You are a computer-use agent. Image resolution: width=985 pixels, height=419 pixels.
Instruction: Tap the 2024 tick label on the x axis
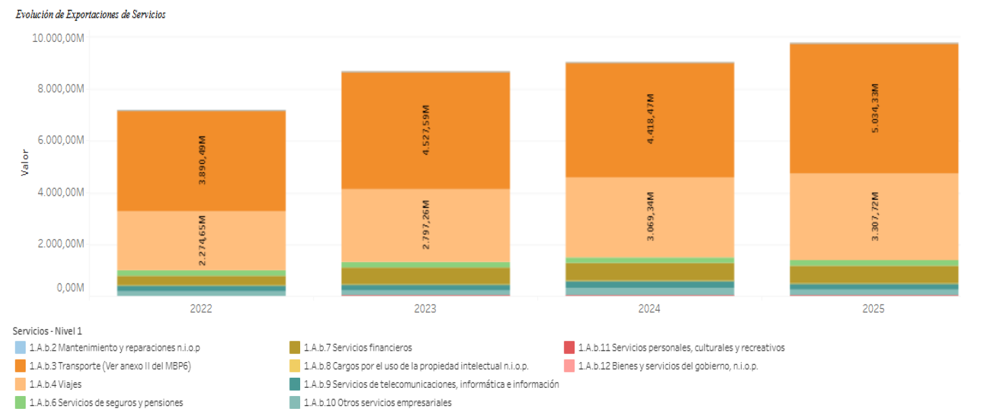point(649,309)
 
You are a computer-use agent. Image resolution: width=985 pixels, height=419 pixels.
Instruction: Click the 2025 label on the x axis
point(873,309)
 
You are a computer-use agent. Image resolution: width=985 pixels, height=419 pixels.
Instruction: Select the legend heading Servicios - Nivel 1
point(47,331)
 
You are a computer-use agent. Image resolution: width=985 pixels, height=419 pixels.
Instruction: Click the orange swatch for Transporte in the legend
point(21,366)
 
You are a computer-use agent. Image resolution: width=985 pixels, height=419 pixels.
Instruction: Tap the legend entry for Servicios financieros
point(357,348)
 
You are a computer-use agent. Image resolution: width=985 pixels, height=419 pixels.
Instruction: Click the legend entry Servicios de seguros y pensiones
point(105,403)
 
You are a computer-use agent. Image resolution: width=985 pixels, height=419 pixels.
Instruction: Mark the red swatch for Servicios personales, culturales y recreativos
point(569,348)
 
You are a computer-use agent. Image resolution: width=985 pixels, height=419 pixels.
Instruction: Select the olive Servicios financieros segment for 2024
point(649,271)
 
